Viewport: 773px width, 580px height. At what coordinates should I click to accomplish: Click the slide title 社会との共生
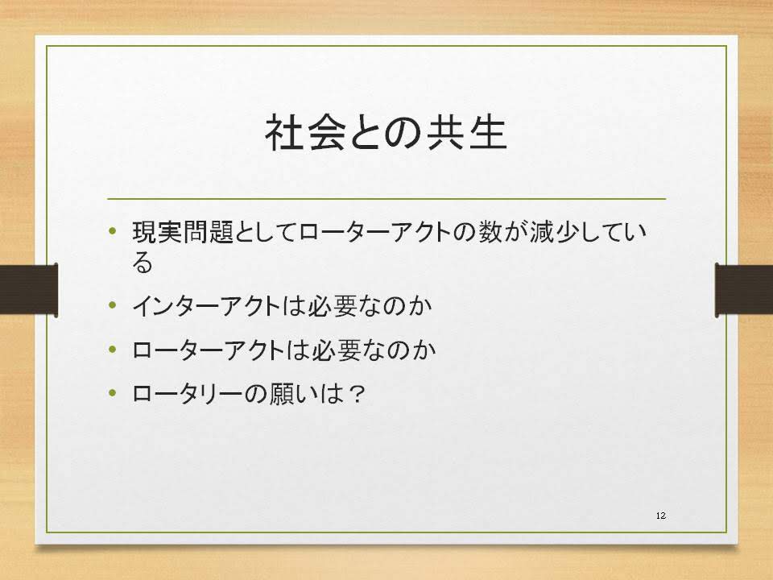coord(386,133)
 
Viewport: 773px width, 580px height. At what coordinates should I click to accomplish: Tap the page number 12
coord(661,516)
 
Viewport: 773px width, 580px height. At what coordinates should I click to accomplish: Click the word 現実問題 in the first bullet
coord(183,232)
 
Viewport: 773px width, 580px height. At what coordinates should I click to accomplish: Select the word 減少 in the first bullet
coord(555,232)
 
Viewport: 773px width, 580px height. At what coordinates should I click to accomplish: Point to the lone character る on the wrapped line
coord(143,263)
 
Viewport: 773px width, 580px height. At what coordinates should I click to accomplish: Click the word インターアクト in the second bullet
coord(207,306)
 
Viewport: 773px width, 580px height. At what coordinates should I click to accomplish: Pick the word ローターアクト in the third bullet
coord(208,350)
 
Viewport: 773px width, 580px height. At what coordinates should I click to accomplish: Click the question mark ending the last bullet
coord(356,394)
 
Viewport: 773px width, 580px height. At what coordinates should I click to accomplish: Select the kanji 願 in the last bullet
coord(282,394)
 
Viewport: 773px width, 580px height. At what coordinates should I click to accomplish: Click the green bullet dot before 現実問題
coord(113,231)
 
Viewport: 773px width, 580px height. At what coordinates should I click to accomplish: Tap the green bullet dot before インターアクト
coord(113,305)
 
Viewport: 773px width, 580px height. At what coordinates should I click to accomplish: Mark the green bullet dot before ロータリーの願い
coord(113,393)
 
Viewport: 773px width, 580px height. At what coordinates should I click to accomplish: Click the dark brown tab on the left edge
coord(29,290)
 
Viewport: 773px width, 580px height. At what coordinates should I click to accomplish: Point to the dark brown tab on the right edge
coord(744,290)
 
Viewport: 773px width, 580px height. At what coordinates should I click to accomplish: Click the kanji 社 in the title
coord(283,133)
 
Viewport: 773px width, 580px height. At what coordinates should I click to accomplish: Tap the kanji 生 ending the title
coord(488,133)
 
